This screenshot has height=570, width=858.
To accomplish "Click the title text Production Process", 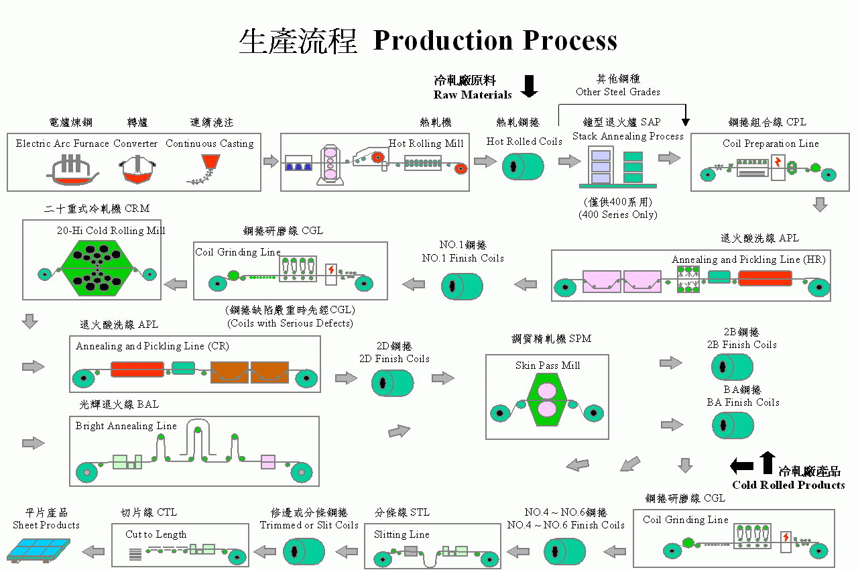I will coord(495,41).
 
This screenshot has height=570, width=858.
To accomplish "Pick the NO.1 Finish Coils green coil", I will coord(462,286).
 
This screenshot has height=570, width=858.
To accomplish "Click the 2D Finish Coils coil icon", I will coord(392,383).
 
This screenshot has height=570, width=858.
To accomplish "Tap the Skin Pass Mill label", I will coord(548,365).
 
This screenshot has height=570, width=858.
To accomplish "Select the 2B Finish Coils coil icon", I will coord(732,367).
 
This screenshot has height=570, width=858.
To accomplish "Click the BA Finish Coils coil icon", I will coord(732,425).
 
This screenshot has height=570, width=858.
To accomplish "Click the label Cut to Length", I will coord(156,534).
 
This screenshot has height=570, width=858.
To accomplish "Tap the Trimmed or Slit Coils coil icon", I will coord(304,552).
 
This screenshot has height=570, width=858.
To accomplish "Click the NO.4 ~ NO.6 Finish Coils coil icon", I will coord(564,552).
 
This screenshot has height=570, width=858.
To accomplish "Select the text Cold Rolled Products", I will coord(788,485).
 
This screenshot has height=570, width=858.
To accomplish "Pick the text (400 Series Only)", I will coord(617,215).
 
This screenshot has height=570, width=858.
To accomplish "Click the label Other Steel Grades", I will coord(617,91).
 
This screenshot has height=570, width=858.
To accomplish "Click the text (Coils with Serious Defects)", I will coord(290,323).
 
